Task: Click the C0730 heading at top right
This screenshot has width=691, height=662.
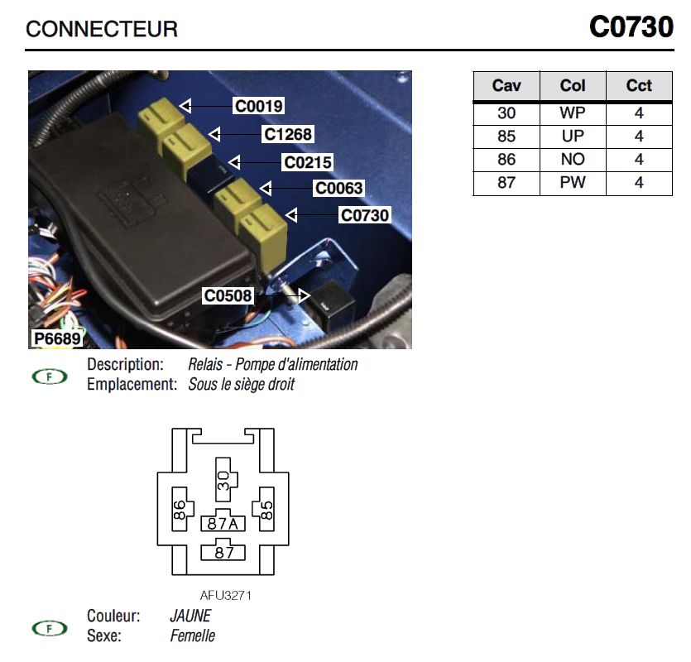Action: [631, 28]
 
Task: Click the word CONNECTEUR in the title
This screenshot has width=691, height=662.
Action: [102, 30]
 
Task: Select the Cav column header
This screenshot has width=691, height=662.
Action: [506, 86]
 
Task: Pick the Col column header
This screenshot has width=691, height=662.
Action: [573, 86]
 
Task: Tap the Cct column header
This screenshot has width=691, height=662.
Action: [639, 86]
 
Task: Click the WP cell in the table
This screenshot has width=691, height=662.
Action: [573, 113]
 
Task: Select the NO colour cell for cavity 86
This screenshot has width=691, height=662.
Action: [573, 160]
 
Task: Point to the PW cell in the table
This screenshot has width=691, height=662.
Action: [573, 183]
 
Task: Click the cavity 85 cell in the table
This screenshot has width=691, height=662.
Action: [506, 137]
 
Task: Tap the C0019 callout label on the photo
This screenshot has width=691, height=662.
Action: [258, 106]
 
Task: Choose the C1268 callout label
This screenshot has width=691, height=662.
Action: [288, 134]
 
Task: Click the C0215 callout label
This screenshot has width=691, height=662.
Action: [307, 163]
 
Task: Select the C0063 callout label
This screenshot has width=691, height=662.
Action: [338, 189]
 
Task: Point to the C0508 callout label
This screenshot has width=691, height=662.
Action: [228, 295]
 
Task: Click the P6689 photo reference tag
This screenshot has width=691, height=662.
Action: [56, 338]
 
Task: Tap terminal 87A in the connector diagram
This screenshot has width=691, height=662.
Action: [223, 523]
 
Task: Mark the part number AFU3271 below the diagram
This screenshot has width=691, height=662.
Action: [225, 595]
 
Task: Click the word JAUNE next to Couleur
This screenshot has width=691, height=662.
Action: [190, 616]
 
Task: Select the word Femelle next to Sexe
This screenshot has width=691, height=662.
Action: [193, 636]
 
